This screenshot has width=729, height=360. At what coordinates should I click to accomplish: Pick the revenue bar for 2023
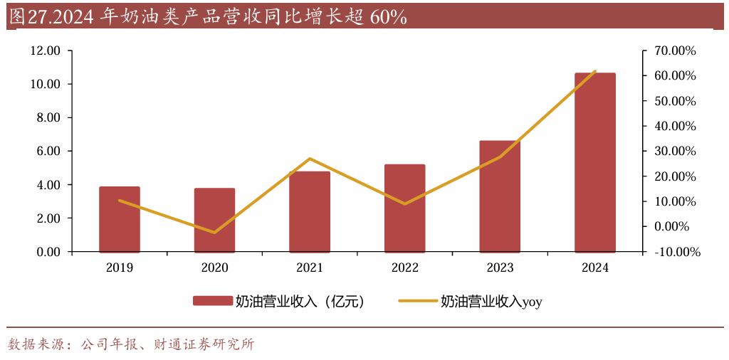pyautogui.click(x=500, y=196)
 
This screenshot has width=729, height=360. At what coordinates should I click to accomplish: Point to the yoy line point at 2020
pyautogui.click(x=214, y=232)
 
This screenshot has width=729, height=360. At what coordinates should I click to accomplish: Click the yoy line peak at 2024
pyautogui.click(x=595, y=72)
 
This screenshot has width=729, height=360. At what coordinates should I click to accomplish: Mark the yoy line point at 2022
pyautogui.click(x=405, y=204)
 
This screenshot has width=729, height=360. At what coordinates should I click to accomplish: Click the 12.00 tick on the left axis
pyautogui.click(x=45, y=51)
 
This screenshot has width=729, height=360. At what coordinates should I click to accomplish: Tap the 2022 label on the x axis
pyautogui.click(x=405, y=268)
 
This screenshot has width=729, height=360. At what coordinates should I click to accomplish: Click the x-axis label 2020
pyautogui.click(x=214, y=268)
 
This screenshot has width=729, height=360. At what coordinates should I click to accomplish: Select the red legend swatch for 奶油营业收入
pyautogui.click(x=212, y=302)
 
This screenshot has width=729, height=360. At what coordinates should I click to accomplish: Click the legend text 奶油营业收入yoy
pyautogui.click(x=491, y=302)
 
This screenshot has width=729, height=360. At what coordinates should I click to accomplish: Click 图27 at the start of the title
pyautogui.click(x=26, y=17)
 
